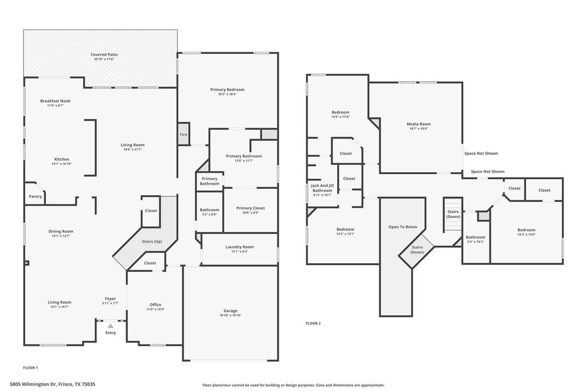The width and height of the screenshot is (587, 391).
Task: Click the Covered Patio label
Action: [x=104, y=54]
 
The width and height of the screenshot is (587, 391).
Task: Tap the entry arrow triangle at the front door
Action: [x=111, y=326]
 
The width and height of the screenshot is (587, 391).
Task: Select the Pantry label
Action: [x=36, y=196]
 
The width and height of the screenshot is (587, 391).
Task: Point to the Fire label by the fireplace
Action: [x=183, y=135]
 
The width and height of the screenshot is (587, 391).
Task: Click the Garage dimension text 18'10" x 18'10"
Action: [x=230, y=315]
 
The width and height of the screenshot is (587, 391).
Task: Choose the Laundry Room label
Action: [x=240, y=247]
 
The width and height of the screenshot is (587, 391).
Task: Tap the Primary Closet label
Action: [x=251, y=208]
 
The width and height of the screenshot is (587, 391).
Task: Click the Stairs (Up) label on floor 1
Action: [x=152, y=242]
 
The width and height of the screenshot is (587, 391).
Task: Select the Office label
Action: [x=155, y=305]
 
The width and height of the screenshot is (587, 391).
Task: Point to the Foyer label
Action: [x=111, y=299]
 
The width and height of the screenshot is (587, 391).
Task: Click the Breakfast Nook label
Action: [x=56, y=101]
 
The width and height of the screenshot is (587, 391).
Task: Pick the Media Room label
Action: [x=418, y=124]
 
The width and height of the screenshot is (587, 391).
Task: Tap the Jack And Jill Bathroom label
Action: [x=322, y=188]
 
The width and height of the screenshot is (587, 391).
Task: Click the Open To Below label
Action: [x=403, y=227]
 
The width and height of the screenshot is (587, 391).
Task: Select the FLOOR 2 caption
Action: [x=314, y=323]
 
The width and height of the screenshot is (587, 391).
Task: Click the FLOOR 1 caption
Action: [x=31, y=368]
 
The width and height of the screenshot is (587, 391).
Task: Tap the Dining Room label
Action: [x=61, y=231]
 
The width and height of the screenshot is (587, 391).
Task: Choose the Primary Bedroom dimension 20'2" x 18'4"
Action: [x=227, y=94]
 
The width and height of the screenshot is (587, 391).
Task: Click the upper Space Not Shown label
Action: [x=481, y=153]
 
